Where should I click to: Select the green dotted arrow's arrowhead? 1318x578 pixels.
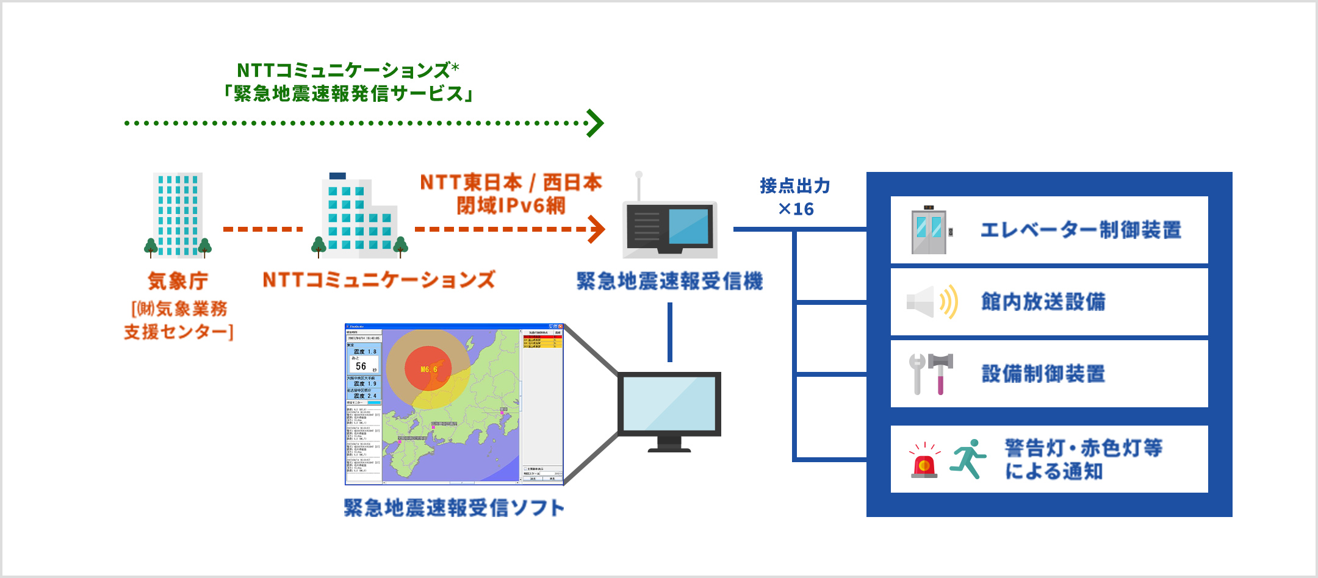pyautogui.click(x=595, y=123)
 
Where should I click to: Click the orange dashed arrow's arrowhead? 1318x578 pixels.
pyautogui.click(x=597, y=229)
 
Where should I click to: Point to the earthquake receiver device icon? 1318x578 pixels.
pyautogui.click(x=669, y=229)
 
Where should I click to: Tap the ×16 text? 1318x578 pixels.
pyautogui.click(x=796, y=209)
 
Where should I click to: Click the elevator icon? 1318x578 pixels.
pyautogui.click(x=929, y=230)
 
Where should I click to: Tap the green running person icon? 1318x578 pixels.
pyautogui.click(x=968, y=459)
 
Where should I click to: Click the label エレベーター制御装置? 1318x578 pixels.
pyautogui.click(x=1081, y=230)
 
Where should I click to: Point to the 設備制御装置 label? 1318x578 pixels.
pyautogui.click(x=1043, y=374)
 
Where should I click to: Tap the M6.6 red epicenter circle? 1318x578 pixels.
pyautogui.click(x=428, y=369)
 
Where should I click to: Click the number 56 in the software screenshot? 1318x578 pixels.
pyautogui.click(x=361, y=366)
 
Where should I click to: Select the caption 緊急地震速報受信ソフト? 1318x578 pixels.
pyautogui.click(x=454, y=507)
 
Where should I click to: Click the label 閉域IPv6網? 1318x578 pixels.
pyautogui.click(x=511, y=206)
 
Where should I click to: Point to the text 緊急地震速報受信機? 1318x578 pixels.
pyautogui.click(x=669, y=281)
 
